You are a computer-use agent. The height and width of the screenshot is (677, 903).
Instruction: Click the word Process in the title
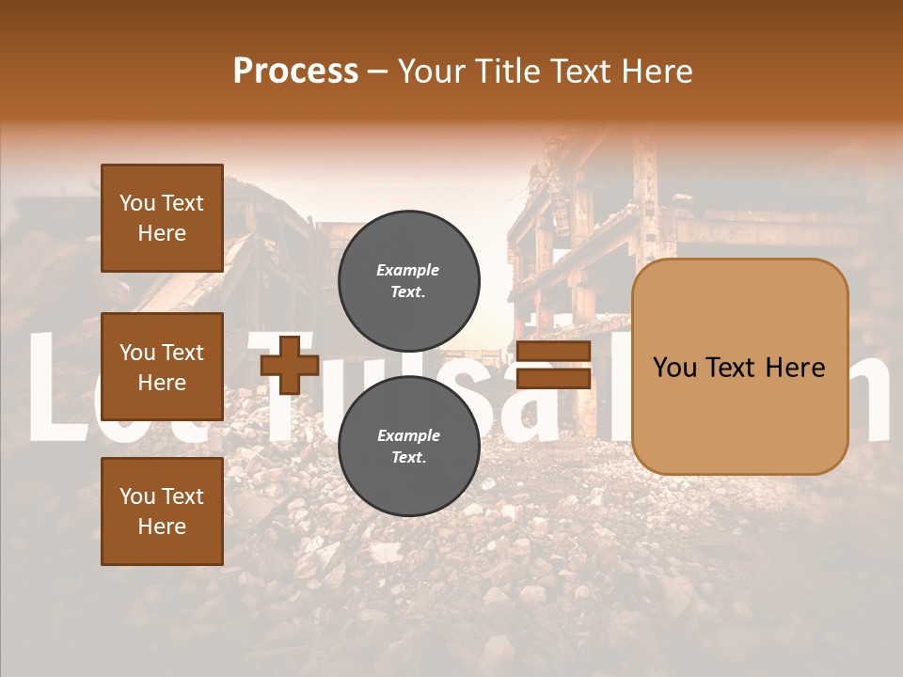coord(295,71)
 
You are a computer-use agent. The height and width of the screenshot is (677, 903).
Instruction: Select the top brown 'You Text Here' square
coord(162,218)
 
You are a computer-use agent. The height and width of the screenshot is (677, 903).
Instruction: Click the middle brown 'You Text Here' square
coord(162,367)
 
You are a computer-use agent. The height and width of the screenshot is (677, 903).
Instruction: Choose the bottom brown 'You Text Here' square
coord(162,512)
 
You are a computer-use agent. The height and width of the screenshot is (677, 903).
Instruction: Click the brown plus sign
coord(290,365)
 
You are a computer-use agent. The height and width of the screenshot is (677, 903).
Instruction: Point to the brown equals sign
coord(553,365)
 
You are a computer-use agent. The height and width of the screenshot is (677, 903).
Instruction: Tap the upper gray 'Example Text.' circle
coord(409,281)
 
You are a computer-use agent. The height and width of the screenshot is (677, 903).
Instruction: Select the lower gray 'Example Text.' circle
coord(409,447)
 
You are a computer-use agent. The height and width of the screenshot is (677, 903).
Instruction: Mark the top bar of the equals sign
coord(553,352)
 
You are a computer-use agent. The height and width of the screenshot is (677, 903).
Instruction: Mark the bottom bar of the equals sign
coord(553,378)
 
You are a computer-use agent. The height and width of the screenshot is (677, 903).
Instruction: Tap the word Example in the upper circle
coord(408,271)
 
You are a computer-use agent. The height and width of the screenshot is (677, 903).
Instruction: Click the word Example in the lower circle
coord(408,436)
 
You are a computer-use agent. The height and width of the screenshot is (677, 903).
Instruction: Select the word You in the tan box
coord(675,368)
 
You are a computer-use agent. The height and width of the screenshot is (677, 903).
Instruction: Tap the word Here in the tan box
coord(796,368)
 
